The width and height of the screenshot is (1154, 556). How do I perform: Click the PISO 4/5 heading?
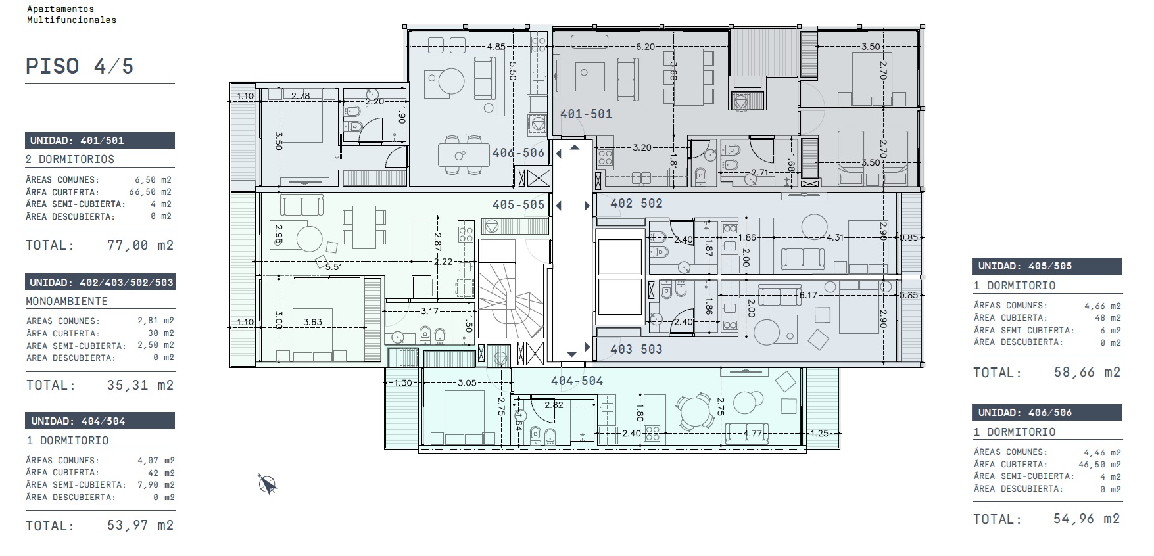coord(80,66)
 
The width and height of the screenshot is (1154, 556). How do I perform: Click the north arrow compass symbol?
coord(268,484)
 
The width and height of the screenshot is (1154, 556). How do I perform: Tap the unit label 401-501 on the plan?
coord(586,114)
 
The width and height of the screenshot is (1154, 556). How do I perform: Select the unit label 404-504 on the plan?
coord(577,381)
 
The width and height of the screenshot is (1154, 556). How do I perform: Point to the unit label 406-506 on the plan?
coord(519,153)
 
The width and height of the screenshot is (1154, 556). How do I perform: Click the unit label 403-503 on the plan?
coord(637,349)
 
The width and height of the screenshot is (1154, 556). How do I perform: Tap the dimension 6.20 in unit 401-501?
coord(645,47)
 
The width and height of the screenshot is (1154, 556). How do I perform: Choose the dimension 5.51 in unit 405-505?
coord(334,267)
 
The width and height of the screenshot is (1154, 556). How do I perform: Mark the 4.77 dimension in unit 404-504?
coord(753,433)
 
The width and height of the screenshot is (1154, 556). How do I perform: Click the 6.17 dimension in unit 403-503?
coord(808,295)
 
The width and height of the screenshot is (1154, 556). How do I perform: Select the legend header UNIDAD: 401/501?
coord(100,140)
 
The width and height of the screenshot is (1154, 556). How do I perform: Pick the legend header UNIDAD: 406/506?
coord(1047,413)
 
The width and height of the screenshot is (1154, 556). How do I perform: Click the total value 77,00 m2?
coord(140,245)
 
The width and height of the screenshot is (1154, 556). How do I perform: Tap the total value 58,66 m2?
coord(1087,373)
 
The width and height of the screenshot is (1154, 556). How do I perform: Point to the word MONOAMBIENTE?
coord(66,301)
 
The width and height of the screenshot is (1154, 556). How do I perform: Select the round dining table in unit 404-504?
coord(694,412)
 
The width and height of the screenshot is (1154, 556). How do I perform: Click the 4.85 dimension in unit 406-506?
coord(496,47)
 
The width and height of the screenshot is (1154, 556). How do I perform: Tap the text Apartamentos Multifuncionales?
coord(71,14)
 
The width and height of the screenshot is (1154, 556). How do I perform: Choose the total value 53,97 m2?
coord(140,525)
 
